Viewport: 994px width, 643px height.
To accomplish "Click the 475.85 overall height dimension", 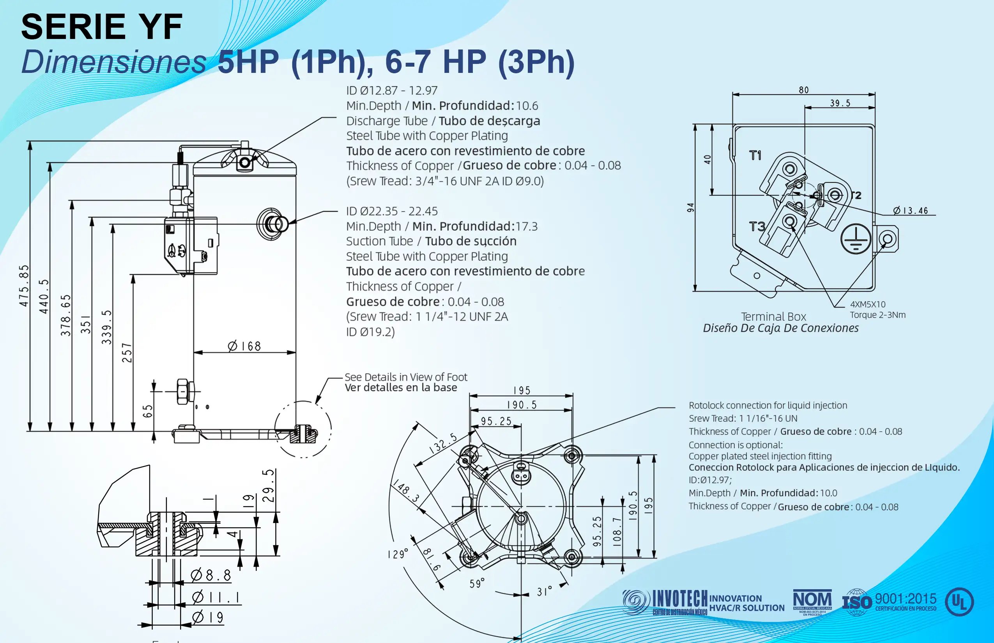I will pos(24,286).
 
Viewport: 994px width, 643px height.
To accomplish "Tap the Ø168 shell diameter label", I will pos(245,346).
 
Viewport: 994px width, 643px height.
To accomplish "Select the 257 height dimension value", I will pos(127,353).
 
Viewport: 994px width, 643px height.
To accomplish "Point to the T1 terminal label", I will pos(755,156).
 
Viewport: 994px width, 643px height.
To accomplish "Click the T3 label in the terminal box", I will pos(757,227).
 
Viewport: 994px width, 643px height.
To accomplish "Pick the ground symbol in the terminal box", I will pos(856,239).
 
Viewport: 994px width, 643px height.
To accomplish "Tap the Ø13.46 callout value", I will pos(911,210).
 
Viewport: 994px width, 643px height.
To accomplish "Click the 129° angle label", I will pos(397,554).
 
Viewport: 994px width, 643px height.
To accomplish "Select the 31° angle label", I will pos(544,591).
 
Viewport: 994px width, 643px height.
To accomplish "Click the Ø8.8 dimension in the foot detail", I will pos(211,575).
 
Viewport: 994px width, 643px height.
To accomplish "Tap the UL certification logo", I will pos(959,602).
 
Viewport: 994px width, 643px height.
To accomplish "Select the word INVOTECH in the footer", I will pos(680,599).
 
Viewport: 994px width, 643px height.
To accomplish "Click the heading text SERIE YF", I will pos(102,27).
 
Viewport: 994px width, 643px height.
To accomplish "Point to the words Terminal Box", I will pos(773,316).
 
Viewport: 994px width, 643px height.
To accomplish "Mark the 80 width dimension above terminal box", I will pos(803,90).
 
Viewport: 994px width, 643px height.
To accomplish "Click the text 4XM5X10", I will pos(867,304).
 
